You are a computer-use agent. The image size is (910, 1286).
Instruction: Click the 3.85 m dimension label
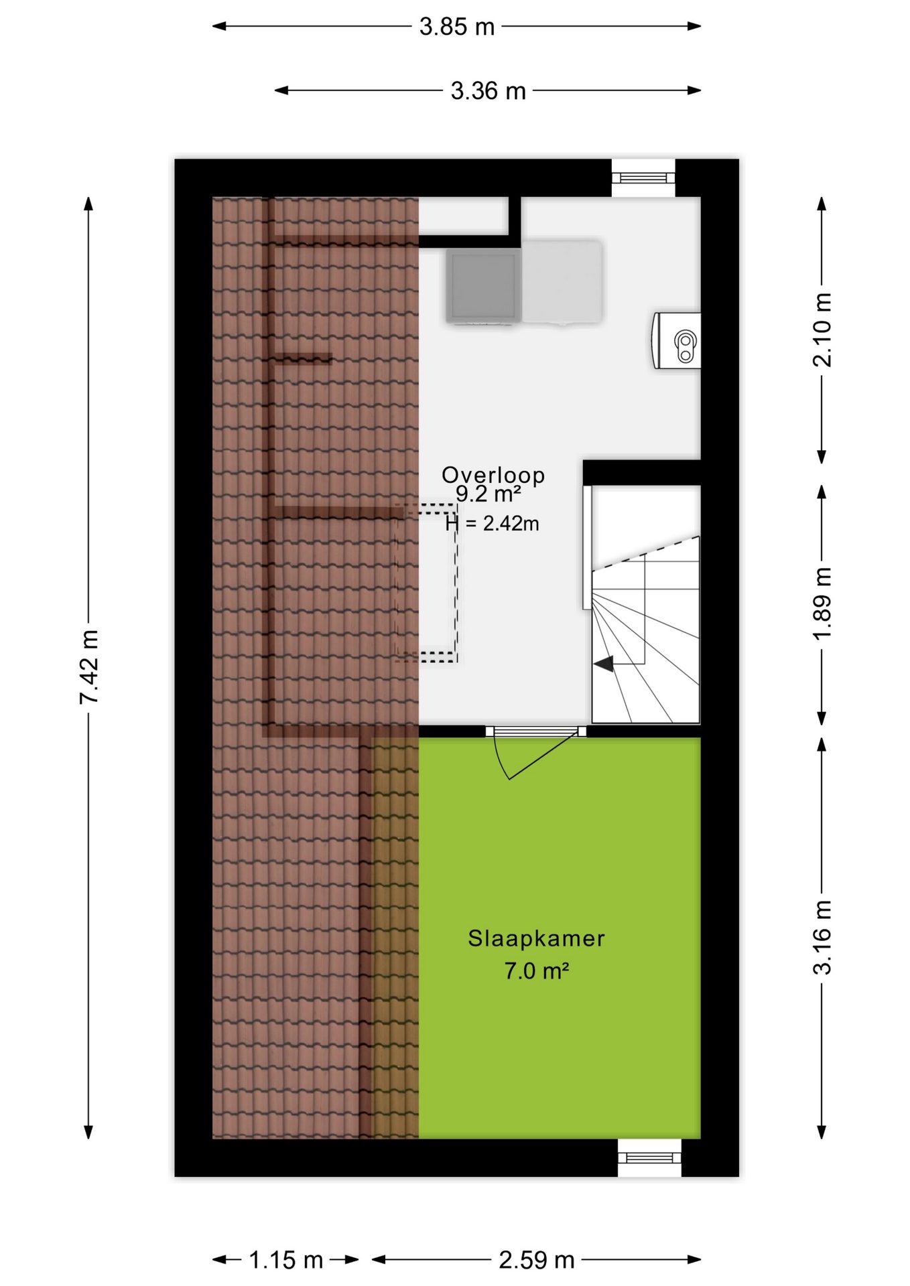click(457, 27)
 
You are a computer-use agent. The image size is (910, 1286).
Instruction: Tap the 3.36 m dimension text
click(488, 91)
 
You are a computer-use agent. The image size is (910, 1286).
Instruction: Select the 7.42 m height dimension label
click(89, 666)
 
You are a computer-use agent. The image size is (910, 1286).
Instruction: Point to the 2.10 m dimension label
click(822, 330)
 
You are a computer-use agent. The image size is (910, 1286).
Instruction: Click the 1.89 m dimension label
click(822, 603)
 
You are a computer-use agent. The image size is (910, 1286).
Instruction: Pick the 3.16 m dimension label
click(822, 937)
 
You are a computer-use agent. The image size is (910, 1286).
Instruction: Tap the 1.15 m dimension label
click(286, 1260)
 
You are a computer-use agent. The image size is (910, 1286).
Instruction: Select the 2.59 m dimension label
click(537, 1260)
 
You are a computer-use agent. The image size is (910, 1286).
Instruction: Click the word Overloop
click(493, 474)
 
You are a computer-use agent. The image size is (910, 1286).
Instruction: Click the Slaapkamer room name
click(536, 938)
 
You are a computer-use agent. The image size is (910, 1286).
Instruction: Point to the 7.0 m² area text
click(537, 971)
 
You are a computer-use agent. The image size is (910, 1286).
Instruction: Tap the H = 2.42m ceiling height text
click(493, 523)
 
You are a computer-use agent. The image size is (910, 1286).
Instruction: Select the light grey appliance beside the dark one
click(562, 281)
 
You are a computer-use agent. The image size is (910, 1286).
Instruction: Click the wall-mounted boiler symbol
click(677, 341)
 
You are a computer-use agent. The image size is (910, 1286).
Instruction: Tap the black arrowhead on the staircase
click(604, 664)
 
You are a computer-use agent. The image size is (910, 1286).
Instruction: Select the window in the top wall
click(643, 178)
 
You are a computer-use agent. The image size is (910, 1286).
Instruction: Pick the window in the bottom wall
click(649, 1157)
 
